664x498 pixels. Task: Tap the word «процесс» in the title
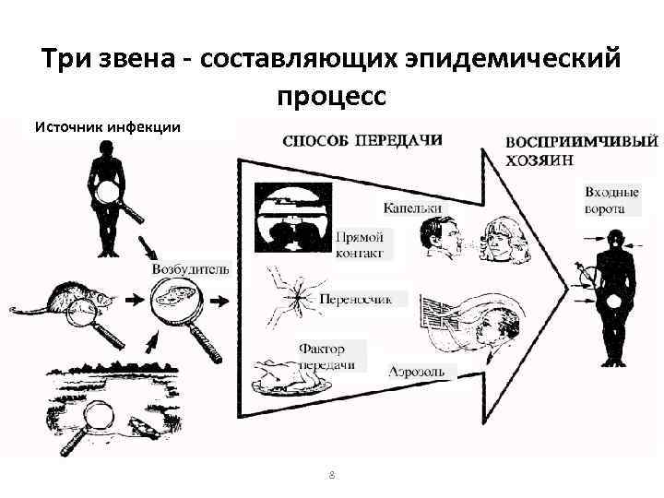(x=332, y=96)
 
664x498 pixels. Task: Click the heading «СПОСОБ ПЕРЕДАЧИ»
(x=362, y=141)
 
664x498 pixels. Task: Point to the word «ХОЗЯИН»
(x=539, y=160)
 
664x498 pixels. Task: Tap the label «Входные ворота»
(x=611, y=201)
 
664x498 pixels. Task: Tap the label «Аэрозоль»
(x=417, y=372)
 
